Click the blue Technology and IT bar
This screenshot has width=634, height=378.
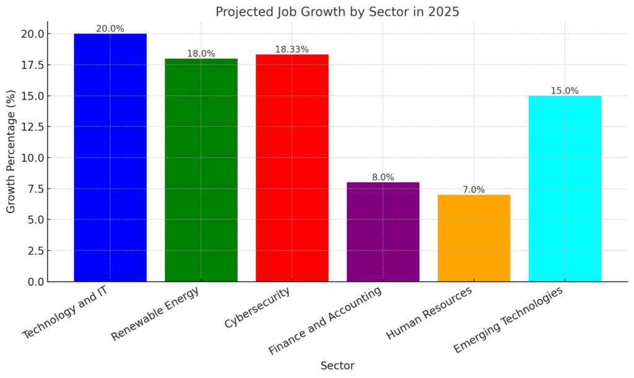click(x=110, y=157)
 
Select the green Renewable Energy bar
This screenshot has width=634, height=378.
click(x=201, y=170)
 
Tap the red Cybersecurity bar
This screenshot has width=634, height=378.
click(x=292, y=168)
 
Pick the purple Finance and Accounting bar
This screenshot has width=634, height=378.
click(x=383, y=232)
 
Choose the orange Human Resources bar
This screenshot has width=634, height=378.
click(x=474, y=238)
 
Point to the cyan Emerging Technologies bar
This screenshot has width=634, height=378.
click(x=565, y=188)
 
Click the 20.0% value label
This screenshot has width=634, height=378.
click(x=110, y=29)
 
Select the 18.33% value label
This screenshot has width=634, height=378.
click(x=292, y=49)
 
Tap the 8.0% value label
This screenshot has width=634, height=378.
click(x=383, y=177)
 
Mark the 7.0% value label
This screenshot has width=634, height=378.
click(x=474, y=190)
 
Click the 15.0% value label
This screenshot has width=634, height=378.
click(x=565, y=90)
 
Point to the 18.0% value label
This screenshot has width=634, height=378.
click(x=201, y=53)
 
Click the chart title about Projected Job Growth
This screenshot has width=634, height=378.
click(x=337, y=12)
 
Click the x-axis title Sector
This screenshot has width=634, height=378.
click(x=337, y=366)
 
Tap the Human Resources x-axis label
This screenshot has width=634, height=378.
click(x=430, y=312)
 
